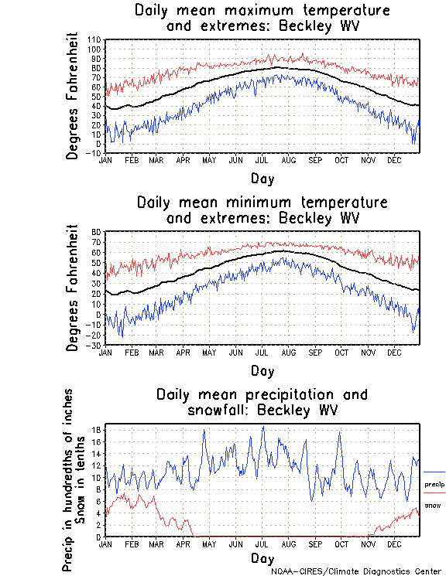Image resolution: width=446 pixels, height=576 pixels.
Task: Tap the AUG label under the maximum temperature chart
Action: (289, 160)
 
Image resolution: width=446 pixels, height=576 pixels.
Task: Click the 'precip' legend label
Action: (434, 484)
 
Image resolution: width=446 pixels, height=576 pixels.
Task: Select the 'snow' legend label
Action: (433, 506)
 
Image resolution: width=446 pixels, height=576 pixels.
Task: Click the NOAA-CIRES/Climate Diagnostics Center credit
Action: (356, 571)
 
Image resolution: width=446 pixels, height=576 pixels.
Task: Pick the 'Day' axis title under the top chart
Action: (262, 179)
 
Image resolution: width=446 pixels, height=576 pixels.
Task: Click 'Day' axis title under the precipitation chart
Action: (262, 557)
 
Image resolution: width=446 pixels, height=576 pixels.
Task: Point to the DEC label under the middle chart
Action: (395, 352)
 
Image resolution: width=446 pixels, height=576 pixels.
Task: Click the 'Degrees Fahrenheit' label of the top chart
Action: (73, 96)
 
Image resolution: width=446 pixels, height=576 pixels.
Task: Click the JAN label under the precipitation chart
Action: (105, 543)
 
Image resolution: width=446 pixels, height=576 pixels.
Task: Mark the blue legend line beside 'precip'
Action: (434, 472)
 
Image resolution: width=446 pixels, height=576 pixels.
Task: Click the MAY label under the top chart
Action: (209, 160)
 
